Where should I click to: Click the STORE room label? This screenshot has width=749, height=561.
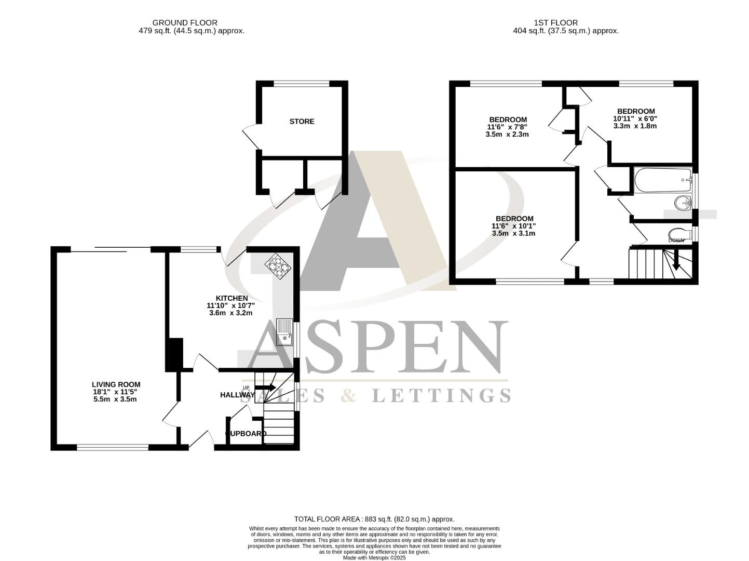(x=302, y=122)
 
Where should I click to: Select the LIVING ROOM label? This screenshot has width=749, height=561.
(x=115, y=384)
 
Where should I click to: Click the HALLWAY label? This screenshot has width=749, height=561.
(x=237, y=395)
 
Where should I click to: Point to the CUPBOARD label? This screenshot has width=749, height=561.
(x=246, y=433)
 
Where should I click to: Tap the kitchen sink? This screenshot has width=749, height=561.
(x=284, y=332)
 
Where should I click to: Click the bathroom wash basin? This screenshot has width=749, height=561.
(x=682, y=202)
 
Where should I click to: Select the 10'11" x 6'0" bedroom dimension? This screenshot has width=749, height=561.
(x=635, y=118)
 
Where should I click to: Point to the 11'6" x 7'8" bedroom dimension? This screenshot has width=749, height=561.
(x=507, y=127)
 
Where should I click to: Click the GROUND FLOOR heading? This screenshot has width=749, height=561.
(x=185, y=23)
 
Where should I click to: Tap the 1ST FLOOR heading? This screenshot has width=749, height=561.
(x=555, y=23)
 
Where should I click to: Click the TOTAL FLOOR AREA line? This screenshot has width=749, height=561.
(x=374, y=519)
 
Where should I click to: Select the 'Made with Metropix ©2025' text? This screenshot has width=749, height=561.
(x=374, y=557)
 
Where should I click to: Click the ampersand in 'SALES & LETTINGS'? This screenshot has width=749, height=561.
(x=349, y=396)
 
